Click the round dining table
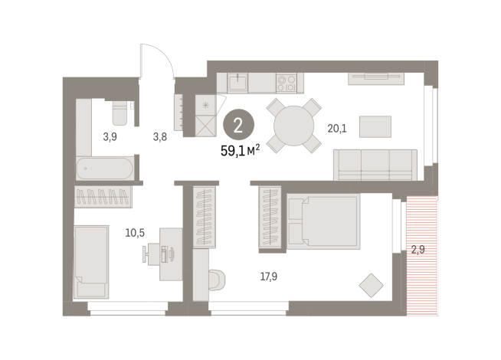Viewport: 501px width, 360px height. [294, 126]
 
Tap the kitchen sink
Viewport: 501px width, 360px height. [237, 83]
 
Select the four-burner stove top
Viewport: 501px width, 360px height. [287, 83]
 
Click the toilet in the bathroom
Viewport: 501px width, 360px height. [120, 113]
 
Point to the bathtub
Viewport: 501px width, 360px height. [105, 168]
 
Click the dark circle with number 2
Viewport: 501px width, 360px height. [238, 125]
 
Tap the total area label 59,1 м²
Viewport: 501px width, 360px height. [240, 150]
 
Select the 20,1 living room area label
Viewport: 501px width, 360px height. [337, 129]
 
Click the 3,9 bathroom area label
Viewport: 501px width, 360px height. [110, 137]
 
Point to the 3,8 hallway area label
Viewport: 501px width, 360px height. [160, 137]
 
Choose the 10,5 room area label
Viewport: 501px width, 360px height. [135, 233]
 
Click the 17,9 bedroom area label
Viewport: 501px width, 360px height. [269, 277]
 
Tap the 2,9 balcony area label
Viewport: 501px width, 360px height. [418, 249]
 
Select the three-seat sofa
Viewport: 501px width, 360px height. [375, 165]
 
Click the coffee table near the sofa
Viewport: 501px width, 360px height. [375, 126]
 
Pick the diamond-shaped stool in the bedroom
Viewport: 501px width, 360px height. [371, 285]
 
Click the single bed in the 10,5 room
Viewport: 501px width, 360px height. [91, 262]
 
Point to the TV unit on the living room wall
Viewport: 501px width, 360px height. [376, 79]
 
